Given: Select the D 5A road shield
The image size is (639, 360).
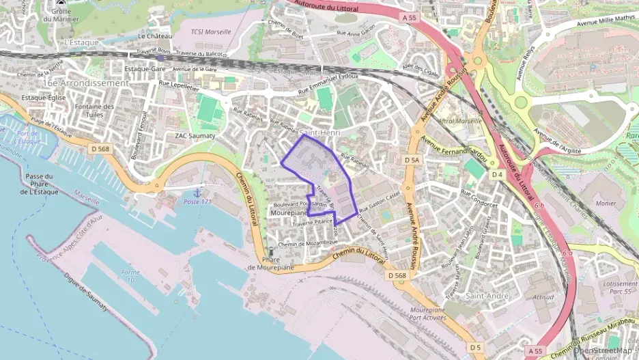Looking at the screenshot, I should (x=411, y=160).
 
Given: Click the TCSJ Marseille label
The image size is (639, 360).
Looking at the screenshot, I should (x=211, y=31).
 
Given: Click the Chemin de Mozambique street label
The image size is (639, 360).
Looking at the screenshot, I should (x=308, y=243).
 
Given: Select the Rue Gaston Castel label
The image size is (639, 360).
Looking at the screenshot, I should (x=379, y=200).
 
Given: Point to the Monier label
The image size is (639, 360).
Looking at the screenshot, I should (x=605, y=203).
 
